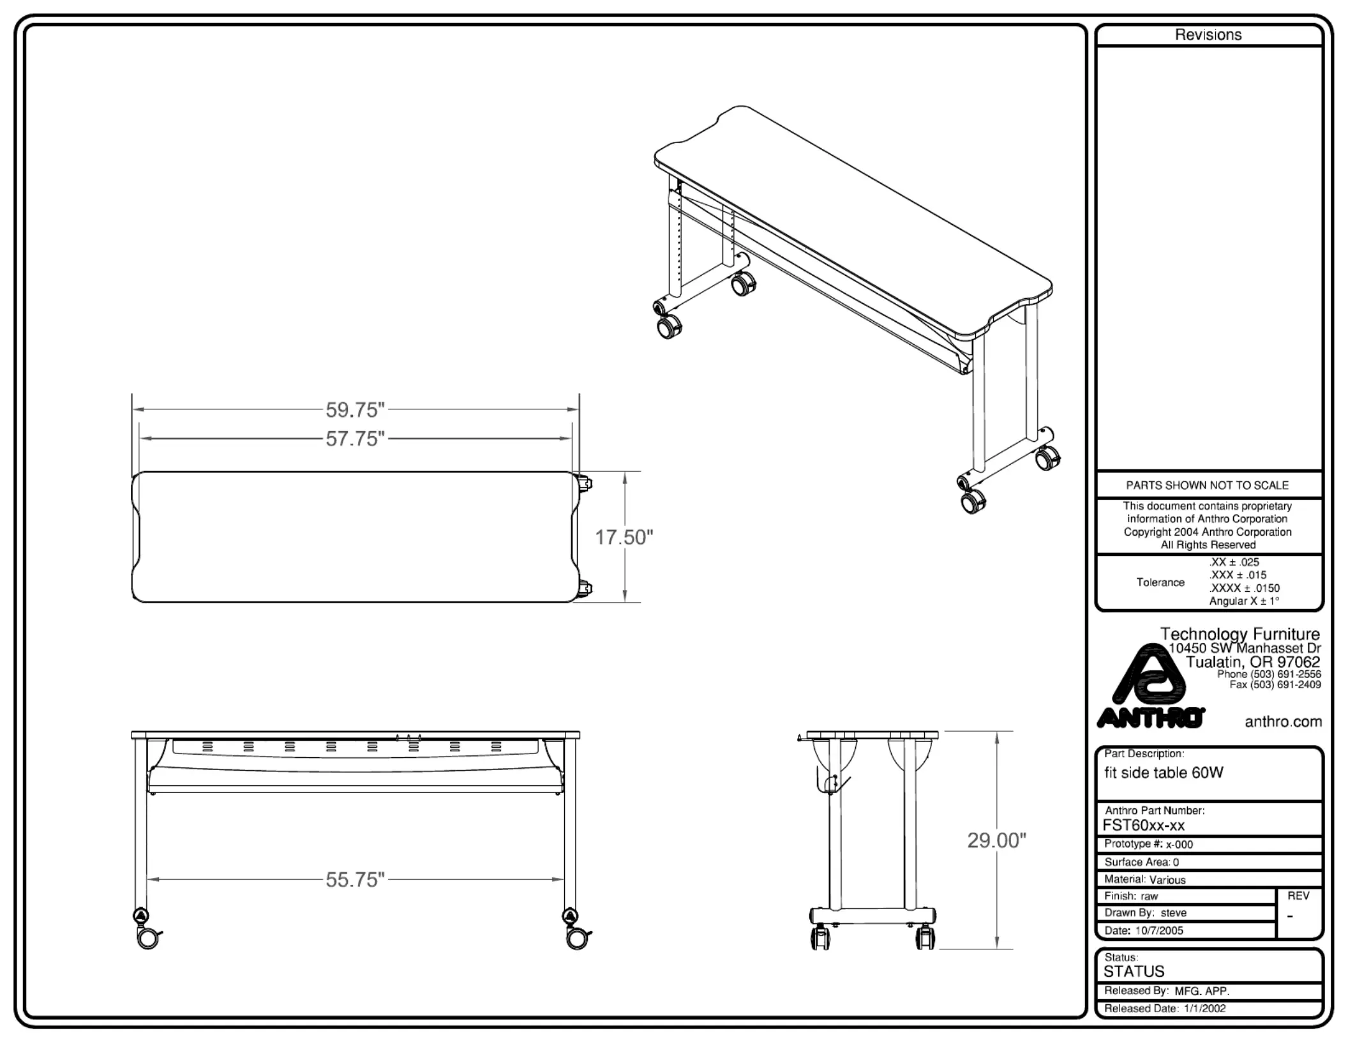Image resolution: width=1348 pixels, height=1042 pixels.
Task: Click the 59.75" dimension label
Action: pos(356,410)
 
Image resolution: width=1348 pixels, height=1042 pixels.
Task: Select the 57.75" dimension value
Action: pos(356,439)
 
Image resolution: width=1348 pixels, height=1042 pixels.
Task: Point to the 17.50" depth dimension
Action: pos(624,538)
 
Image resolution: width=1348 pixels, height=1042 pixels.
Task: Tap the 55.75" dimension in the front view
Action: pos(356,880)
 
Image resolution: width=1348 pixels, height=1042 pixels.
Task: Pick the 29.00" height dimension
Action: pos(996,840)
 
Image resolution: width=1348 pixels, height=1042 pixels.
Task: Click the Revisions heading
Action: pos(1208,35)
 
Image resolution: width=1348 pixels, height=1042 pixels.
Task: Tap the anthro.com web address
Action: pos(1283,721)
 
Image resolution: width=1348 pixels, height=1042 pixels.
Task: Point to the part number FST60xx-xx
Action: pos(1143,825)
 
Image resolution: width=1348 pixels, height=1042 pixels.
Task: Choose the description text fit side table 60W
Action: pos(1164,773)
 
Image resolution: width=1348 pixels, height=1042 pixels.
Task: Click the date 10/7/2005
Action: pos(1159,930)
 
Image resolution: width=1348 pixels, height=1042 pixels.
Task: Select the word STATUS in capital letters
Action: pos(1134,971)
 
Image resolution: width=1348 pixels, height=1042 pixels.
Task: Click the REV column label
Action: pos(1298,896)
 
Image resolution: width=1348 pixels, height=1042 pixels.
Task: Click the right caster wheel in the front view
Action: pos(577,938)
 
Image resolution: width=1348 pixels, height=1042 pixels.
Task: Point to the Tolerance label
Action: pos(1160,582)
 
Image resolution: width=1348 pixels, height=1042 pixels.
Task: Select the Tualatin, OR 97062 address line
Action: pos(1252,661)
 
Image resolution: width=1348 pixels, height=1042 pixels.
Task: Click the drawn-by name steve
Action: pos(1173,913)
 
